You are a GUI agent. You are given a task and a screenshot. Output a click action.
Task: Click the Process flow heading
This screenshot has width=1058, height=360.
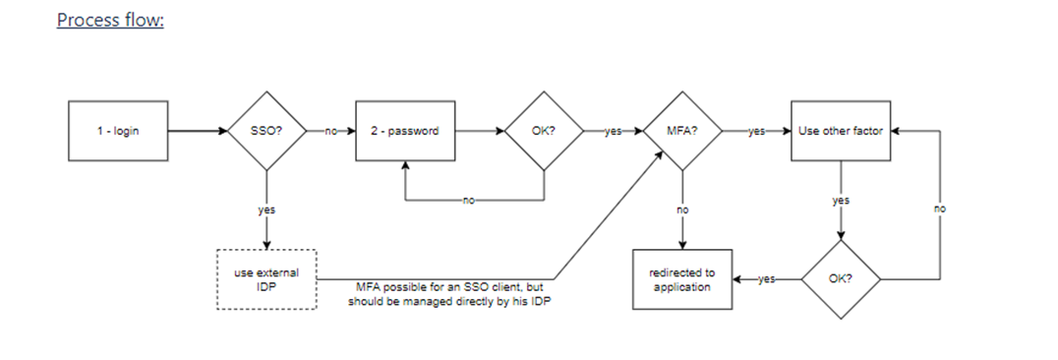(111, 21)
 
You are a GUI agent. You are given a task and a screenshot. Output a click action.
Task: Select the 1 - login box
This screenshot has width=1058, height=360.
(118, 131)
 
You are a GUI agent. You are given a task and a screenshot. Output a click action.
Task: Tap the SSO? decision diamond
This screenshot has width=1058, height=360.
(266, 131)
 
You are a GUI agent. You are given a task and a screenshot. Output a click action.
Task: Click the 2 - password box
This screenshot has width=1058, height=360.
(405, 131)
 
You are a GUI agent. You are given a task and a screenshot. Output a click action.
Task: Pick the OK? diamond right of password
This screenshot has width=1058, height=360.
(544, 131)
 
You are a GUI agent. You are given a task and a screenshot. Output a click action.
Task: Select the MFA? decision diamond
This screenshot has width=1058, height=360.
(682, 131)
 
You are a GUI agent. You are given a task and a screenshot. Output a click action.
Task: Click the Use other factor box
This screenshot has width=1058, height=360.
(841, 131)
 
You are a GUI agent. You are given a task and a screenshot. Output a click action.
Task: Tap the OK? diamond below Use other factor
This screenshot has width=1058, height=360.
(841, 279)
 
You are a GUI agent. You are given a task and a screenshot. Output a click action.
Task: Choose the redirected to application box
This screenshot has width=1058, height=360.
(682, 279)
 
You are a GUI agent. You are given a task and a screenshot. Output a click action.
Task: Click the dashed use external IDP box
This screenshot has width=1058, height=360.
(266, 279)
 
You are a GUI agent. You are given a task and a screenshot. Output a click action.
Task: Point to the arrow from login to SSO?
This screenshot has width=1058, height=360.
(198, 131)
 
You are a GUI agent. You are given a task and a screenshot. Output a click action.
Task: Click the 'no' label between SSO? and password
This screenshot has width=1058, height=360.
(330, 131)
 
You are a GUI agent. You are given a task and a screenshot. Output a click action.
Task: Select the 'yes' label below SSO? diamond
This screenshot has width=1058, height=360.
(266, 210)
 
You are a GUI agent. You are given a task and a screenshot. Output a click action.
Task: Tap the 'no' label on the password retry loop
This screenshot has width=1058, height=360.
(469, 201)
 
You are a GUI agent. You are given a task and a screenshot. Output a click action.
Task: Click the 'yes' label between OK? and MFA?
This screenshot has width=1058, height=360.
(613, 131)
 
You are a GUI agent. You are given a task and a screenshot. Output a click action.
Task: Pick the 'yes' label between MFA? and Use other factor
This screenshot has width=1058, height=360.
(756, 131)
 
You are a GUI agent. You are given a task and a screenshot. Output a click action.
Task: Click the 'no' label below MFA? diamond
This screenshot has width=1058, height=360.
(682, 210)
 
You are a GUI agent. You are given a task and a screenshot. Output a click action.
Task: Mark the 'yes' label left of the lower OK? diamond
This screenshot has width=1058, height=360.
(767, 279)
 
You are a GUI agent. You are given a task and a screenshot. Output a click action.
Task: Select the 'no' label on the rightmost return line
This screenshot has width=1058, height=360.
(940, 209)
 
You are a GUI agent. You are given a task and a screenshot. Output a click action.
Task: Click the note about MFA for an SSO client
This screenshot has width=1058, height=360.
(449, 294)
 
